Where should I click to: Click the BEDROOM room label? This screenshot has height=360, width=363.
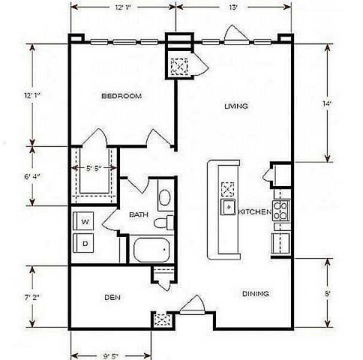point(121,96)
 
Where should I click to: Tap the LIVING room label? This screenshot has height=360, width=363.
point(235,106)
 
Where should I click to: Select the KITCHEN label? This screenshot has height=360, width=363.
point(255,213)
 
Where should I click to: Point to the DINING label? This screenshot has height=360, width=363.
point(256,293)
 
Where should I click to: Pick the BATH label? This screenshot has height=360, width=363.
point(139,215)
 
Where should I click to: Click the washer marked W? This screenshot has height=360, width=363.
point(85,222)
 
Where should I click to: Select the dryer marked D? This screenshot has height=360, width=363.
point(85,244)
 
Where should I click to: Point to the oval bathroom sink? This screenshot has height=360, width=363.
point(165,197)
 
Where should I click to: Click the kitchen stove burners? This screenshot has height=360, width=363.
point(282,209)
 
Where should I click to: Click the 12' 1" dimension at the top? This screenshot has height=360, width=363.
point(124,7)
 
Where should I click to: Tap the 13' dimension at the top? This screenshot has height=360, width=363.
point(233,7)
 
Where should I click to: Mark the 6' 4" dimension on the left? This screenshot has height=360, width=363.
point(32,177)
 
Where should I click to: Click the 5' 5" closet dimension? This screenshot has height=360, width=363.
point(93,169)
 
